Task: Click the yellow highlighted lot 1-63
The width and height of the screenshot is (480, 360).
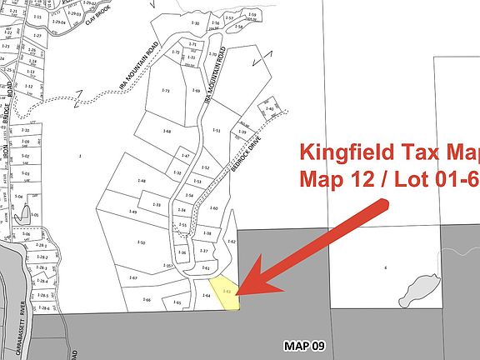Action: click(x=225, y=292)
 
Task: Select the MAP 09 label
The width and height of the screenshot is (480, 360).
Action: click(x=302, y=345)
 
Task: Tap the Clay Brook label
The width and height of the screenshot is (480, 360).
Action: click(x=91, y=17)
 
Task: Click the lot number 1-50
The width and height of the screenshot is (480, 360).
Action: click(x=142, y=242)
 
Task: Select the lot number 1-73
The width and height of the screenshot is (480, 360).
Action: click(x=165, y=90)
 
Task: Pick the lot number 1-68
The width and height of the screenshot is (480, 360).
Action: click(x=167, y=132)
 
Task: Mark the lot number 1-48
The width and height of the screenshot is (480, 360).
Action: click(x=142, y=181)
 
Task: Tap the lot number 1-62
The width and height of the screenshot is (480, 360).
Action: click(x=232, y=242)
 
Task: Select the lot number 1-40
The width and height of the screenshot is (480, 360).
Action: click(x=269, y=109)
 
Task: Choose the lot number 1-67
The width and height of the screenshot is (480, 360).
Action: click(x=132, y=278)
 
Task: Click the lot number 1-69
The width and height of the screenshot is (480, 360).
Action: click(x=197, y=90)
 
